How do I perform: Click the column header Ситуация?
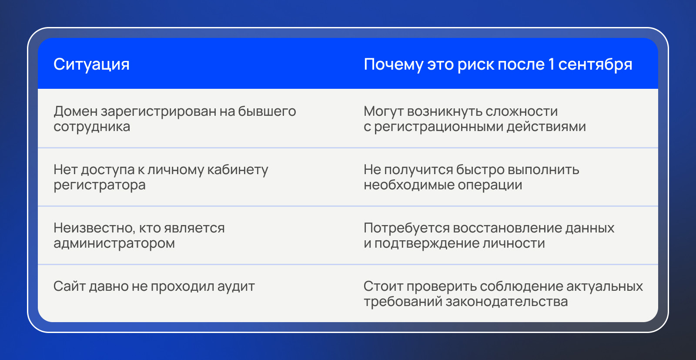pos(91,65)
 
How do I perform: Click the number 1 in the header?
pos(551,64)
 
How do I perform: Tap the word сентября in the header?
pos(595,65)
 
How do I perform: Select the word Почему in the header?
pos(393,65)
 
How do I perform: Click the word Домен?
pos(76,111)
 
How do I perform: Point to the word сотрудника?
pos(92,127)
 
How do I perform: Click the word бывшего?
pos(267,111)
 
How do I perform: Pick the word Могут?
pos(383,111)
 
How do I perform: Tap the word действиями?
pos(546,127)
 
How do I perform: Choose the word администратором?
pos(114,243)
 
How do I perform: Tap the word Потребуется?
pos(407,228)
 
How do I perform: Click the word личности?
pos(514,243)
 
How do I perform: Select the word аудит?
pos(236,286)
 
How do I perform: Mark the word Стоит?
pos(383,286)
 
